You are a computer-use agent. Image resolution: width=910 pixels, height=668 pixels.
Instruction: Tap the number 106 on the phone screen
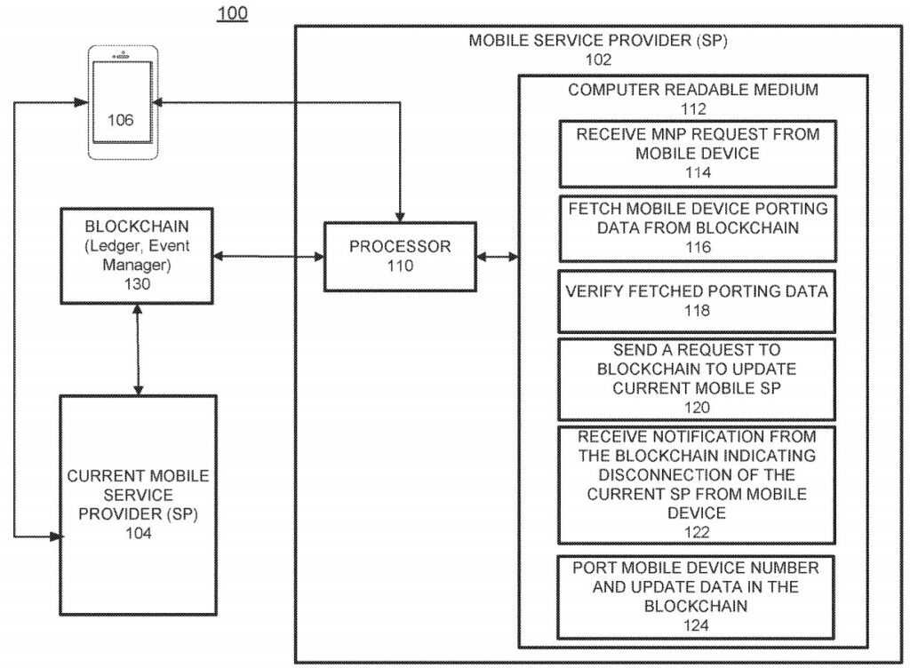121,120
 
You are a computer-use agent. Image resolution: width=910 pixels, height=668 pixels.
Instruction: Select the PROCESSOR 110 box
399,256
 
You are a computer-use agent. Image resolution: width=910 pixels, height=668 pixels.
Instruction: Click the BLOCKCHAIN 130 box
137,252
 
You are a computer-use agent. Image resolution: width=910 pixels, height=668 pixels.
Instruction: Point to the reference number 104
138,533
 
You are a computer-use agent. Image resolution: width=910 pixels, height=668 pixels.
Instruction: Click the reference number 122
698,532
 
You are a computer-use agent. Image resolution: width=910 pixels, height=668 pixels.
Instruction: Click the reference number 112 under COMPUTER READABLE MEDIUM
692,109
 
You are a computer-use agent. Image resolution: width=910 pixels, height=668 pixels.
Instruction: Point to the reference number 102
598,60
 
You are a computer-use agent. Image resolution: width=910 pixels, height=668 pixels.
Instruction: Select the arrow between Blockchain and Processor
268,258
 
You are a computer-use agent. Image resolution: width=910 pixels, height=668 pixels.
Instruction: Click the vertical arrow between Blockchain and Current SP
137,348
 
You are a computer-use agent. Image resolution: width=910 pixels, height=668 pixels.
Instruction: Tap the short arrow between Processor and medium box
498,258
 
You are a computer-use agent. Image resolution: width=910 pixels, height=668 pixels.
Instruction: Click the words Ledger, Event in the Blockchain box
137,247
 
